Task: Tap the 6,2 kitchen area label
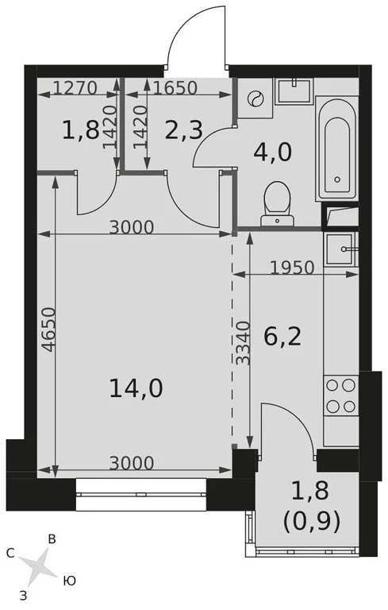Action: click(282, 338)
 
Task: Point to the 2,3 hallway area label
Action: click(182, 129)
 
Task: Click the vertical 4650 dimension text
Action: click(47, 330)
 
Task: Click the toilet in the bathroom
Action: click(277, 203)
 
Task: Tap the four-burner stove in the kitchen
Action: click(340, 396)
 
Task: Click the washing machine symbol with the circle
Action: click(255, 99)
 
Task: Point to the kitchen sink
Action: click(341, 249)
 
